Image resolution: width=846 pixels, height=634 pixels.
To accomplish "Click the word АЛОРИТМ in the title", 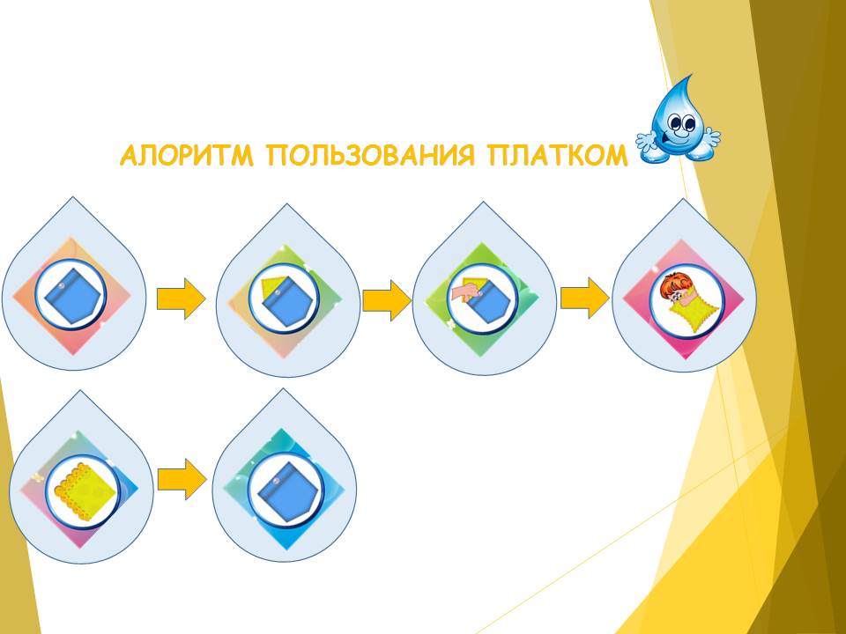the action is [x=187, y=156].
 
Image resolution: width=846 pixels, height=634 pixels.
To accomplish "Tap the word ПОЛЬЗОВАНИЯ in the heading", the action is [x=371, y=156].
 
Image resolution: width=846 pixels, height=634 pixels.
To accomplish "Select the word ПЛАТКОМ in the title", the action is [x=557, y=156].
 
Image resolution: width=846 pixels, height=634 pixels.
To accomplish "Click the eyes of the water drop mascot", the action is [x=681, y=122].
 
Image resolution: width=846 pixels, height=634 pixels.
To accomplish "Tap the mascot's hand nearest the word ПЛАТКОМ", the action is [x=645, y=140].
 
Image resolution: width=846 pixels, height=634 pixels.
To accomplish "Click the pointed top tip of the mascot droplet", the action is [x=691, y=76].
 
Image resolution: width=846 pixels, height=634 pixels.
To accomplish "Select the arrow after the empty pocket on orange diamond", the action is [x=182, y=299].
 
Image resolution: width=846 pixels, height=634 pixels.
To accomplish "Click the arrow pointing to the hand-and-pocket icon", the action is [x=386, y=300].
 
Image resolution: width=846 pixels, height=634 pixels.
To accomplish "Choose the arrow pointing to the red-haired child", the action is [x=585, y=298].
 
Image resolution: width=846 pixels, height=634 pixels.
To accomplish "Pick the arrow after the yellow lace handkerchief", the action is [x=182, y=479].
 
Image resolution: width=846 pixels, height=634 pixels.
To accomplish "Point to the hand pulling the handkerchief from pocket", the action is [x=465, y=292].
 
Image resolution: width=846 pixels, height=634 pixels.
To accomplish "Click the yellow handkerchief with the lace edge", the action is [x=85, y=490].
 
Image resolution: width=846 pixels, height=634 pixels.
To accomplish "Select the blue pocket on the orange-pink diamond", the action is [x=71, y=296].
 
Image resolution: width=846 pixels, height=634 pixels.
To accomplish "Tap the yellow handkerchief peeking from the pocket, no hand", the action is [x=271, y=285].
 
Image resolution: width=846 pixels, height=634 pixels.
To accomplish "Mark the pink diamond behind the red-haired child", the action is [x=684, y=299].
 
